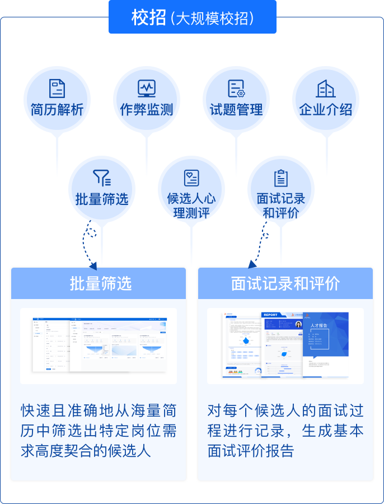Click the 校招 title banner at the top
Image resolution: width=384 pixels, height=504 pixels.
coord(192,18)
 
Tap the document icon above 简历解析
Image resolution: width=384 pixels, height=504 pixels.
coord(57,88)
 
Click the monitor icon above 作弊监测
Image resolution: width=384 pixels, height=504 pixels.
coord(147,88)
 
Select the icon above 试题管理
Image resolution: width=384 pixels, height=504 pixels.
coord(236,88)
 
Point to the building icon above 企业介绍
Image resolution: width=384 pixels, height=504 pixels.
coord(326,88)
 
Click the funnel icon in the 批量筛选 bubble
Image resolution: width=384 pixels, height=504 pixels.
coord(102,178)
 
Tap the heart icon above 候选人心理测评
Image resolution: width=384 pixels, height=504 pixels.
coord(191,178)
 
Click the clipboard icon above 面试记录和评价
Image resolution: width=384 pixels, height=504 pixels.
coord(281,178)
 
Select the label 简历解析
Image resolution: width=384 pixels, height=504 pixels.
coord(57,110)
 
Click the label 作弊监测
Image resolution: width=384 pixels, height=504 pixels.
coord(147,110)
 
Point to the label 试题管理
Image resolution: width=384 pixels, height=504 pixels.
coord(236,110)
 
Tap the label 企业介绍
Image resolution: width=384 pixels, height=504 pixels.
coord(326,110)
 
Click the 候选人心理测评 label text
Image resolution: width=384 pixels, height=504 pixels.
coord(191,206)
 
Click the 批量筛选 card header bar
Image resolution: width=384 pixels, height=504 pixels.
coord(99,283)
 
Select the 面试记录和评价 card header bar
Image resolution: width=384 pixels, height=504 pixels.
coord(285,283)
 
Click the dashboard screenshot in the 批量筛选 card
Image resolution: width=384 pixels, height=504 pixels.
coord(99,345)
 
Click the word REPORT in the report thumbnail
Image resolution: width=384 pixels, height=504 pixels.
coord(270,315)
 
